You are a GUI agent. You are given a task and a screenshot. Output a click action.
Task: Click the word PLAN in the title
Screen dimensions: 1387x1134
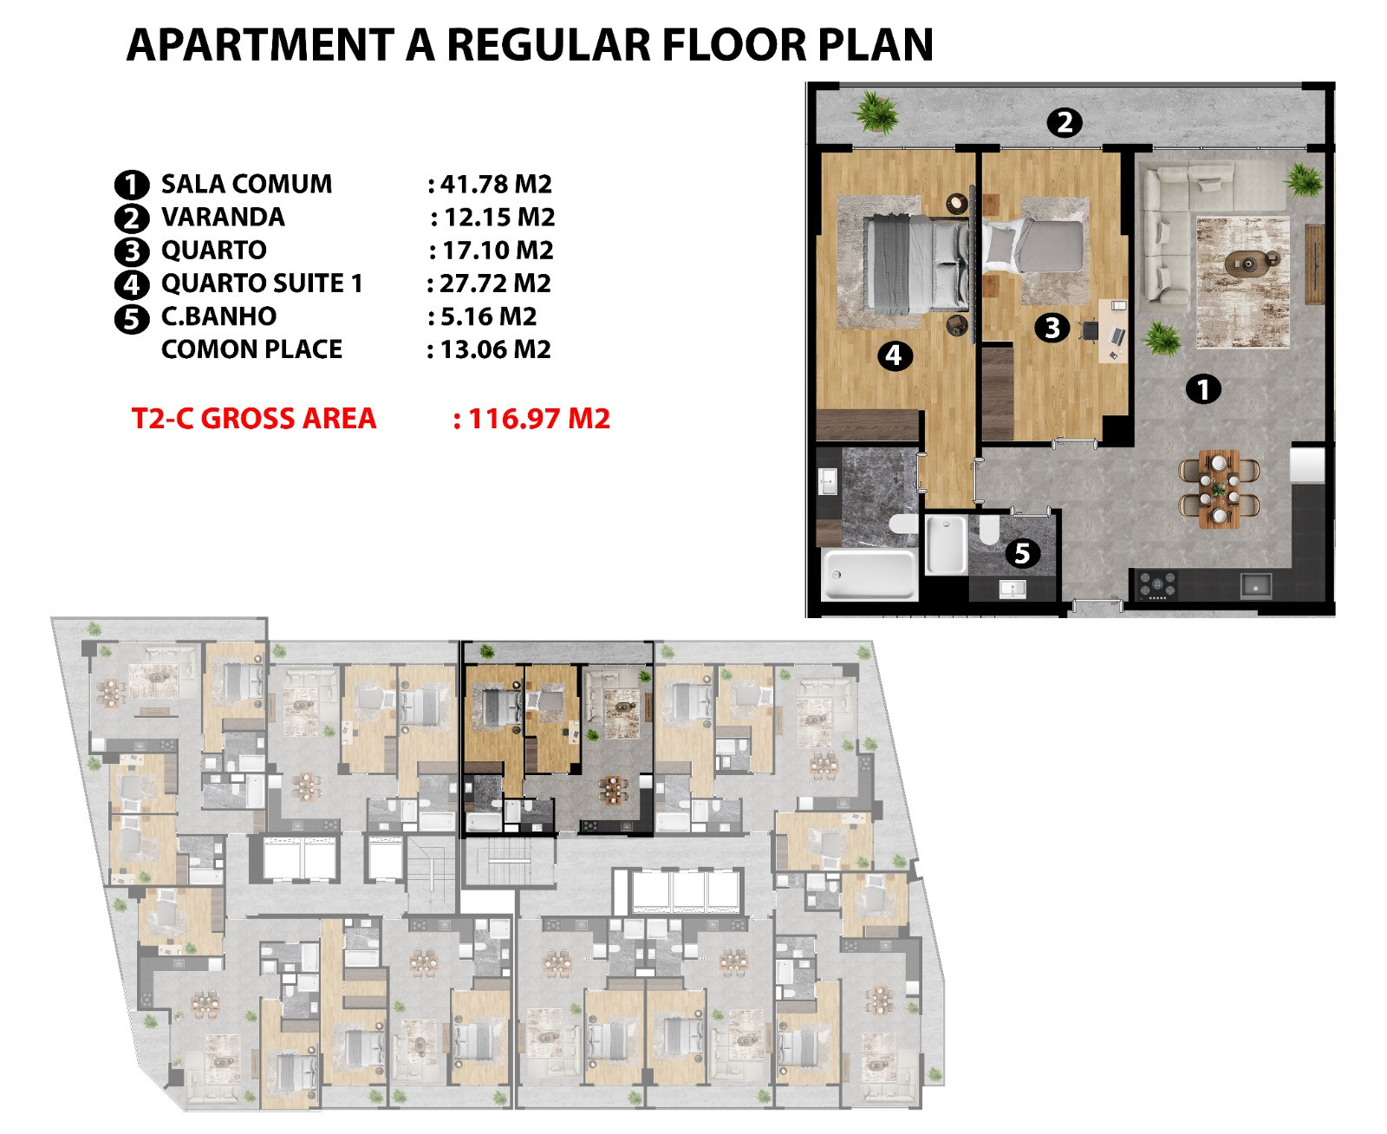[875, 45]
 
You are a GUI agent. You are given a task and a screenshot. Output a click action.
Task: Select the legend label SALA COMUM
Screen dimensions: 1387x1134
[246, 184]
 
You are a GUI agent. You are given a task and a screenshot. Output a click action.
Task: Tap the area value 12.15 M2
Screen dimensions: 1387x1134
[499, 217]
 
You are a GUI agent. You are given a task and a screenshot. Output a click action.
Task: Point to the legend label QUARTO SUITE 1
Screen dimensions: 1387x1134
[262, 283]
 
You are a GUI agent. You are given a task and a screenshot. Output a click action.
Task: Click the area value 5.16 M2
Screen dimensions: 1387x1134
[489, 316]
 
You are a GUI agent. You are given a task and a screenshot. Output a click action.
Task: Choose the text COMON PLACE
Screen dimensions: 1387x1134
[252, 349]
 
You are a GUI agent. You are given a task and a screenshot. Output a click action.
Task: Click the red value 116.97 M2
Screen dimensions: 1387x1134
[539, 419]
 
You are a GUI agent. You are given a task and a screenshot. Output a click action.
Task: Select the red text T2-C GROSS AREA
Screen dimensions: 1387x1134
[254, 419]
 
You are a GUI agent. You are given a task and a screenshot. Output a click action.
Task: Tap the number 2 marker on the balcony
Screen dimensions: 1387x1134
[1065, 122]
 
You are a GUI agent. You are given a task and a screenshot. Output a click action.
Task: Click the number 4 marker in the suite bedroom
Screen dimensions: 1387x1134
[895, 355]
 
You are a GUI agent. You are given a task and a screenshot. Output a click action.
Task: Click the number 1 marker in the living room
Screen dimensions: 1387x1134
[1203, 388]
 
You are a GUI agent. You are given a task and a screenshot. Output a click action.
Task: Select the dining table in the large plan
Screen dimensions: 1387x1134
[1219, 489]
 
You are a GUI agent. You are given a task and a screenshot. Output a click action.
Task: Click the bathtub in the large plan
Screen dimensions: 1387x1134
[869, 574]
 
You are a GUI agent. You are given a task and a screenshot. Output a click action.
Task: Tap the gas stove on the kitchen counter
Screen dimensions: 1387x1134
[1157, 584]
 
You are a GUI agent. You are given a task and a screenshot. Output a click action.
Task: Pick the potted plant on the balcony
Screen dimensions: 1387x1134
[876, 112]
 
